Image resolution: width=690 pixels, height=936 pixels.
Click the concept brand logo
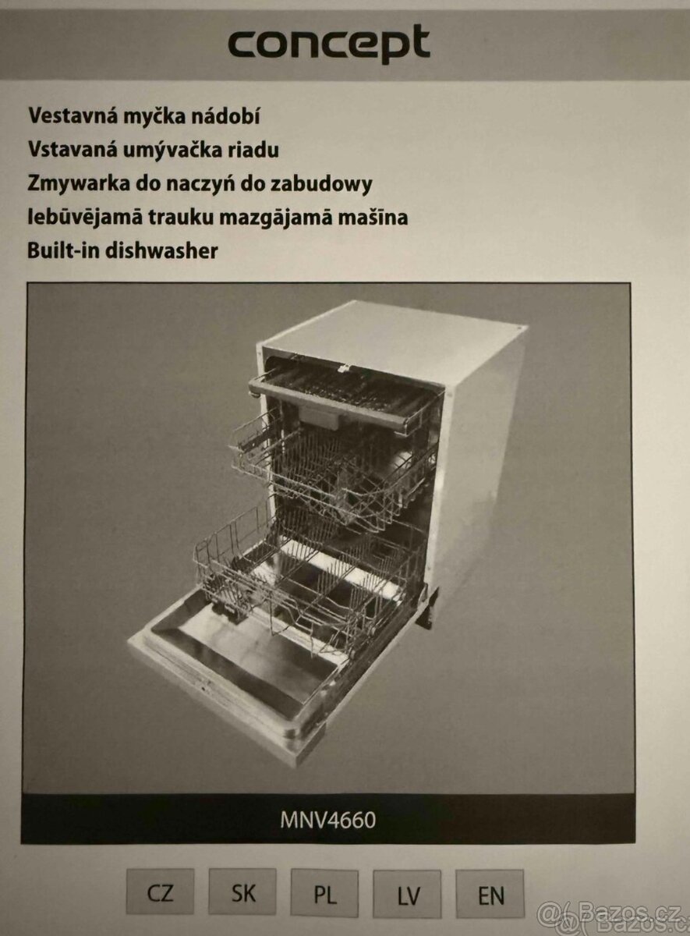[x=328, y=44]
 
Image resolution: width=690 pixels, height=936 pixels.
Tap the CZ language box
[x=160, y=893]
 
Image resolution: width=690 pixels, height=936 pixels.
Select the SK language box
[x=242, y=893]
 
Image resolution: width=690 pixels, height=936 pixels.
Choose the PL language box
[x=324, y=894]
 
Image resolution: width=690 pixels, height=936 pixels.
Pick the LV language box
[x=407, y=895]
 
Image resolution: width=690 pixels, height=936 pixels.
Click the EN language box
[x=490, y=895]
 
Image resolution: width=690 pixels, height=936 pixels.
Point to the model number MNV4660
[x=327, y=821]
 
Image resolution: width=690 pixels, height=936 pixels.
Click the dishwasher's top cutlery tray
[x=343, y=390]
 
